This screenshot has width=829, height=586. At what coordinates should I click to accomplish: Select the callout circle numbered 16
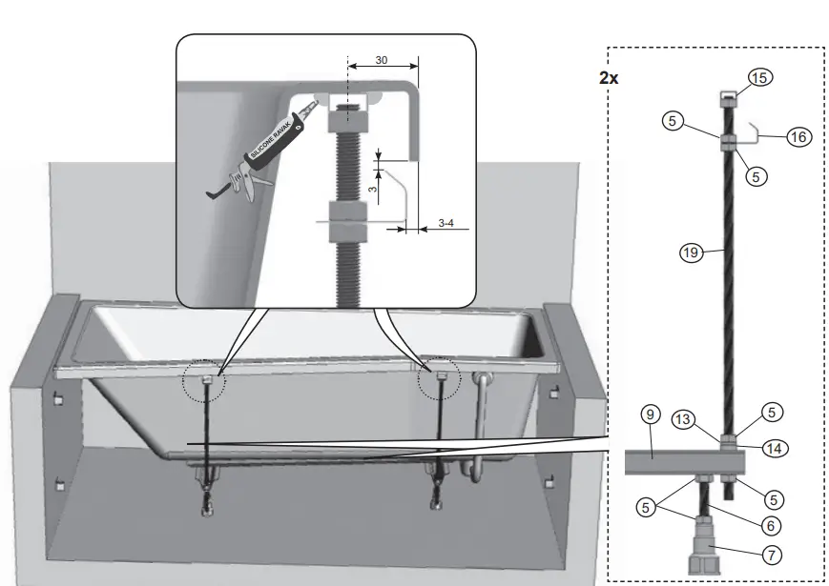[x=798, y=137]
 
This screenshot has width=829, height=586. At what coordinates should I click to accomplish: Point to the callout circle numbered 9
[x=649, y=416]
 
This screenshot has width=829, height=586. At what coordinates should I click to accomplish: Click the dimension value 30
[x=382, y=60]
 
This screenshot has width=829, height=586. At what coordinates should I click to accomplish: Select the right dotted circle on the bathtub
[x=440, y=379]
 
